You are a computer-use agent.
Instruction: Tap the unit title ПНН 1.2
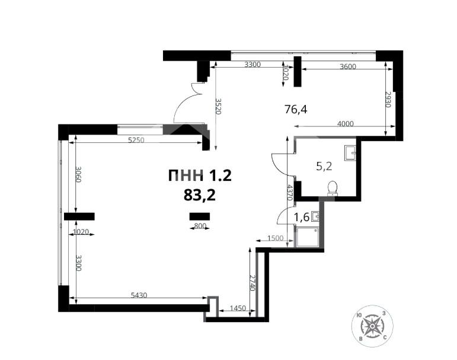tap(199, 176)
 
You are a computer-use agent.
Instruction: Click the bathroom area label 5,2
tap(324, 167)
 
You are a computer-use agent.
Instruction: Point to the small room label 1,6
tap(302, 218)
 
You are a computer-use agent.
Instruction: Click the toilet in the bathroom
tap(333, 188)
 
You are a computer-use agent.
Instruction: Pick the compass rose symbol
tap(371, 326)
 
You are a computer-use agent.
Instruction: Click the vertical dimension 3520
tap(218, 107)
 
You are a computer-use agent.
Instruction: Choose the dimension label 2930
tap(388, 101)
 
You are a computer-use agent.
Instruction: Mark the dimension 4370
tap(289, 193)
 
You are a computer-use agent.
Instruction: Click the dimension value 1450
tap(237, 308)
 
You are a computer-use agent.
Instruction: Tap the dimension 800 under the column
tap(200, 226)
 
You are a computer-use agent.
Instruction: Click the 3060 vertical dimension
tap(78, 176)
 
